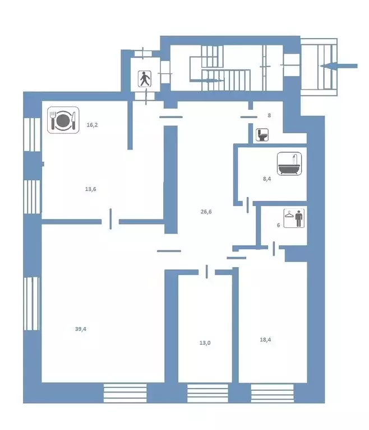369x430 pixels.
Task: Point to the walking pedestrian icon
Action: [145, 79]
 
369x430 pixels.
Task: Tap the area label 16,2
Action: [93, 125]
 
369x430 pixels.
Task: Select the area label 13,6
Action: [91, 189]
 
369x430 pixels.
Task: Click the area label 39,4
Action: [81, 329]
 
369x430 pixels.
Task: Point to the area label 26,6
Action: [206, 212]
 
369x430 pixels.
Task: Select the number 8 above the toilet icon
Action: [269, 115]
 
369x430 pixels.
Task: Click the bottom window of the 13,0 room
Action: [207, 393]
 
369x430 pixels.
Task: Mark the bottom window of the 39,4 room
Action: [125, 393]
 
